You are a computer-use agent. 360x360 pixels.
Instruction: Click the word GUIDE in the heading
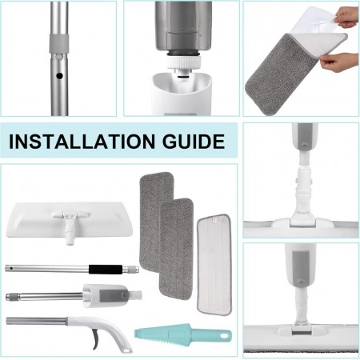(x=194, y=142)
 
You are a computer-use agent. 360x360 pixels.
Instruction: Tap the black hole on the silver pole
(x=59, y=76)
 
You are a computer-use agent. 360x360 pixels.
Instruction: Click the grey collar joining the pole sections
(x=59, y=43)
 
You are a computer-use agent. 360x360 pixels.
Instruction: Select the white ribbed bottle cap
(x=183, y=63)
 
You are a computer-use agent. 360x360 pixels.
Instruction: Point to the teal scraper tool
(x=183, y=334)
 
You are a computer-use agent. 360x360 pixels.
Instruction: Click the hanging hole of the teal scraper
(x=226, y=335)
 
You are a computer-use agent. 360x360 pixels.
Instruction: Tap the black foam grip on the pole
(x=106, y=269)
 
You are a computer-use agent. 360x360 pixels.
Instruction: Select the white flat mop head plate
(x=70, y=220)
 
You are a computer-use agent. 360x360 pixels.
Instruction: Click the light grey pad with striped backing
(x=214, y=265)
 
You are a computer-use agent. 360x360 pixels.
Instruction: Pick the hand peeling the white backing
(x=346, y=18)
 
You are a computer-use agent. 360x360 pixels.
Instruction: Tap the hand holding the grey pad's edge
(x=339, y=62)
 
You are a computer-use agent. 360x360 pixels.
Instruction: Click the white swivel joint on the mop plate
(x=70, y=226)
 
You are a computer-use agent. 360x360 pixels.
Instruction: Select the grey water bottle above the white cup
(x=183, y=26)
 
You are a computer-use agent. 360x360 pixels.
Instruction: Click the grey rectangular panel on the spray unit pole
(x=114, y=295)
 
